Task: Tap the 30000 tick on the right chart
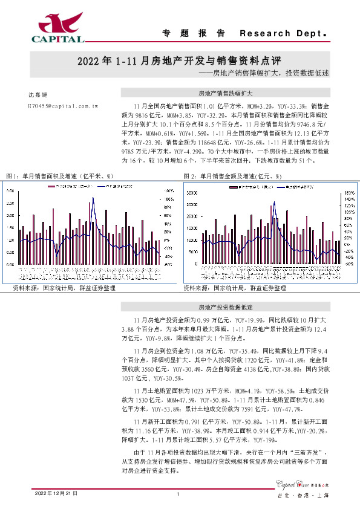pos(191,193)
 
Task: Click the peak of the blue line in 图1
pos(93,198)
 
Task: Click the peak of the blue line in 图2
pos(273,203)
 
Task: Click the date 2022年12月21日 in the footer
pos(56,494)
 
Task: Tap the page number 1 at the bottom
pos(178,494)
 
